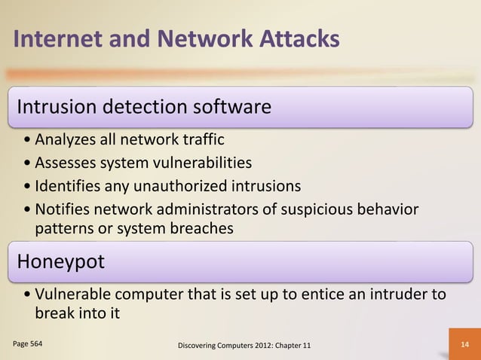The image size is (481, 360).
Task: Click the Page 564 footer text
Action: point(28,343)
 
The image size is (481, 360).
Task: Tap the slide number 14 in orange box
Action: point(464,344)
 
